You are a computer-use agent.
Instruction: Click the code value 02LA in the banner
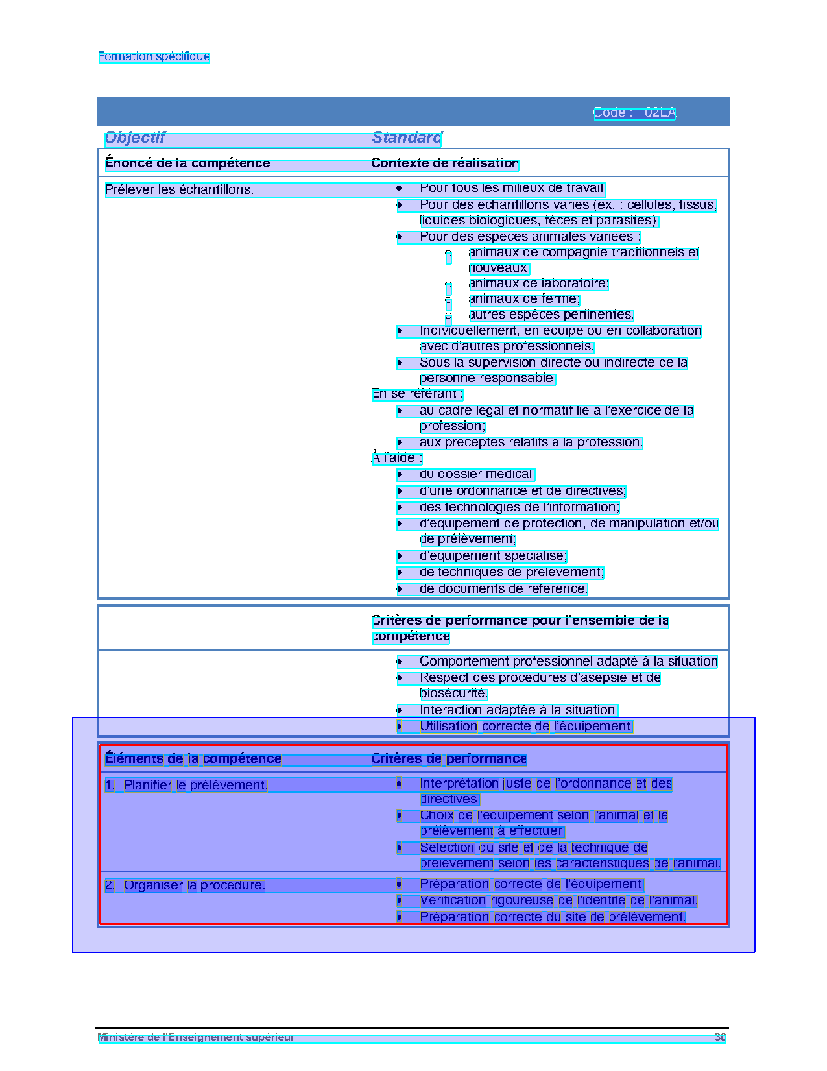[x=660, y=113]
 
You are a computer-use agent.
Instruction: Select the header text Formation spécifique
[x=154, y=56]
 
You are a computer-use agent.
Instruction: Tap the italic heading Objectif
[x=135, y=138]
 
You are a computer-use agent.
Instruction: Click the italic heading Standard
[x=407, y=138]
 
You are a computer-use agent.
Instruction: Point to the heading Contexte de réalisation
[x=445, y=163]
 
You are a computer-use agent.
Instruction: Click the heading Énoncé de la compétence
[x=187, y=163]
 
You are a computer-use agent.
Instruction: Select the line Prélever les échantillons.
[x=180, y=190]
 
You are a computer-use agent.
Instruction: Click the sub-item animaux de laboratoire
[x=538, y=283]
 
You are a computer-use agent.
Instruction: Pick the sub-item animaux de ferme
[x=524, y=299]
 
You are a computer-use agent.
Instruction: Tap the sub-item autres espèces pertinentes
[x=551, y=315]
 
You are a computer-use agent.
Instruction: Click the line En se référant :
[x=417, y=394]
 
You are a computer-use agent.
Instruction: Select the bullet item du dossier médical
[x=477, y=474]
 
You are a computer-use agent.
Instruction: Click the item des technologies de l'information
[x=519, y=507]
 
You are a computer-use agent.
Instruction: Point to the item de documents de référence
[x=503, y=589]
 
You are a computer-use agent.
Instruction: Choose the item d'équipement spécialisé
[x=493, y=556]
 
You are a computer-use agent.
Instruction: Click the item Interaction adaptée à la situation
[x=518, y=710]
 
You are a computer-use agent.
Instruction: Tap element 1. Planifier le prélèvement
[x=187, y=786]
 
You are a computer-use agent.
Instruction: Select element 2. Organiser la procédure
[x=186, y=885]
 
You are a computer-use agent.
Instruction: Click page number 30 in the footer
[x=720, y=1037]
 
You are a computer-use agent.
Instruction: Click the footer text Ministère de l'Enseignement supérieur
[x=196, y=1037]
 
